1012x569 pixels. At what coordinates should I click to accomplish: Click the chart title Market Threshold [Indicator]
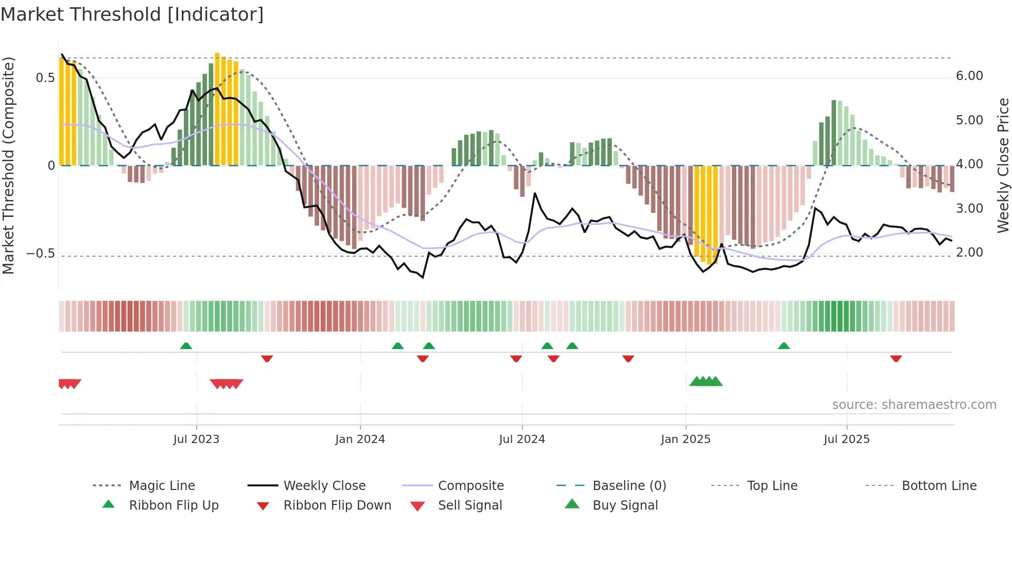(132, 14)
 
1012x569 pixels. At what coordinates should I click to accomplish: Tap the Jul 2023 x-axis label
(196, 439)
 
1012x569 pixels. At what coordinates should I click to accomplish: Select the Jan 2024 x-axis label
(360, 439)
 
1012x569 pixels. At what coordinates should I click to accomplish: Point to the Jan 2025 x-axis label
(686, 439)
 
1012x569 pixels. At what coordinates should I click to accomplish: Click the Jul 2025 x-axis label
(847, 439)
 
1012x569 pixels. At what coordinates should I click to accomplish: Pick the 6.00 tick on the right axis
(969, 76)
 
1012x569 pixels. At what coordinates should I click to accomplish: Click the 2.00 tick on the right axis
(969, 252)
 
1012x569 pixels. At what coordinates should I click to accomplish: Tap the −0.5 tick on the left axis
(40, 254)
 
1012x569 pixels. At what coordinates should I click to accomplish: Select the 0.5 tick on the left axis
(45, 78)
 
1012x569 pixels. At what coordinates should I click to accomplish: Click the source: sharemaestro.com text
(914, 405)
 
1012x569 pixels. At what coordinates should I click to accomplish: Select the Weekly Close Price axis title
(1003, 165)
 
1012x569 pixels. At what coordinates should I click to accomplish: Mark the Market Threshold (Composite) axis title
(8, 165)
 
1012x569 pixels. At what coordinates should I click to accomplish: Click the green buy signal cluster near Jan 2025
(706, 382)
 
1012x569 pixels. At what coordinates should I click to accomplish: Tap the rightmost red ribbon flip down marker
(896, 358)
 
